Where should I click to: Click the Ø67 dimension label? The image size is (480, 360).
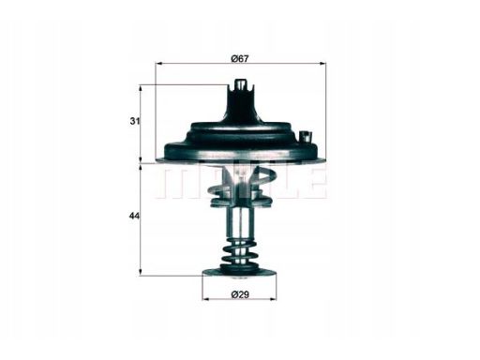coord(240,58)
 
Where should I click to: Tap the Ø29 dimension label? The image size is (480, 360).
coord(240,294)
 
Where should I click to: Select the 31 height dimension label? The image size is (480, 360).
coord(135,121)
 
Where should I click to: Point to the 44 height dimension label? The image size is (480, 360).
coord(134,216)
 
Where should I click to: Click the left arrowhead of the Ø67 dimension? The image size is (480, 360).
coord(158,64)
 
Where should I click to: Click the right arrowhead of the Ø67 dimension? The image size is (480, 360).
coord(322,64)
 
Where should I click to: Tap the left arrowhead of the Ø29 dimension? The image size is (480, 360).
coord(205,299)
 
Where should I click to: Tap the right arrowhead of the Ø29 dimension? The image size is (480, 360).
coord(273,299)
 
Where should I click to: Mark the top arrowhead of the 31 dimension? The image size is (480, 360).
coord(141,88)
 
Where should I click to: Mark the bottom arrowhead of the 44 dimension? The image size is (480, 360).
coord(141,272)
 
